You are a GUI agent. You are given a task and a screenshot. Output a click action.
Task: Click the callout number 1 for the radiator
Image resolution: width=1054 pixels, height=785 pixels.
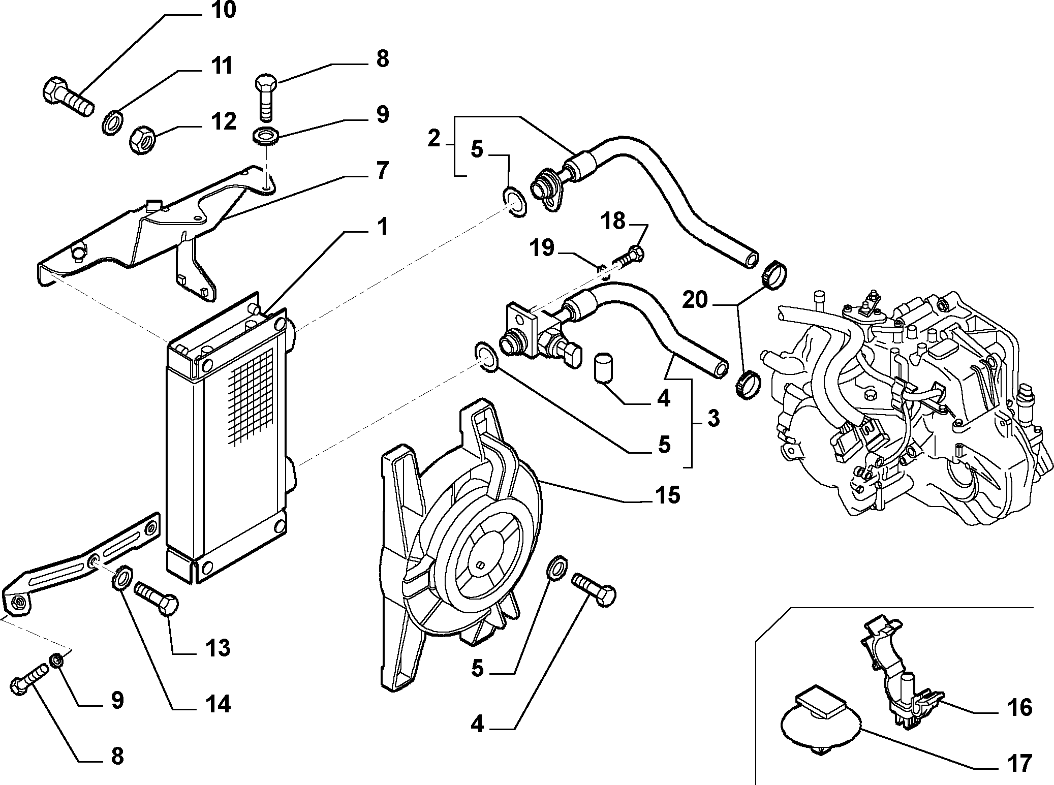click(382, 227)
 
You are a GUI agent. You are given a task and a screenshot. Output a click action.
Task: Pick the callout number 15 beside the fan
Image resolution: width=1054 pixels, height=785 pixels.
click(667, 495)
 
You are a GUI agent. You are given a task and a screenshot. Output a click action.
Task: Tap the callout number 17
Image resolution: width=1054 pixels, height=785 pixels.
click(1019, 763)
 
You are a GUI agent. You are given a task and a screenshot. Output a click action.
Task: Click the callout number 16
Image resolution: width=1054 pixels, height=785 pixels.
click(1019, 707)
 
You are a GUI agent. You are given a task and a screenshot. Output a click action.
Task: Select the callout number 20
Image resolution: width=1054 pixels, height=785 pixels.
click(695, 300)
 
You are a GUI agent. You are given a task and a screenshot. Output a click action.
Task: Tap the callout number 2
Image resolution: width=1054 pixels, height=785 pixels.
click(433, 138)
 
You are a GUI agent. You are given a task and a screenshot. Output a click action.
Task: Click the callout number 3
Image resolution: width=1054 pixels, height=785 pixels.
click(714, 419)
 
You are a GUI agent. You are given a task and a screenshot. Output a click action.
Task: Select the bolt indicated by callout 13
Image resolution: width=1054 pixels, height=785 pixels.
click(157, 598)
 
